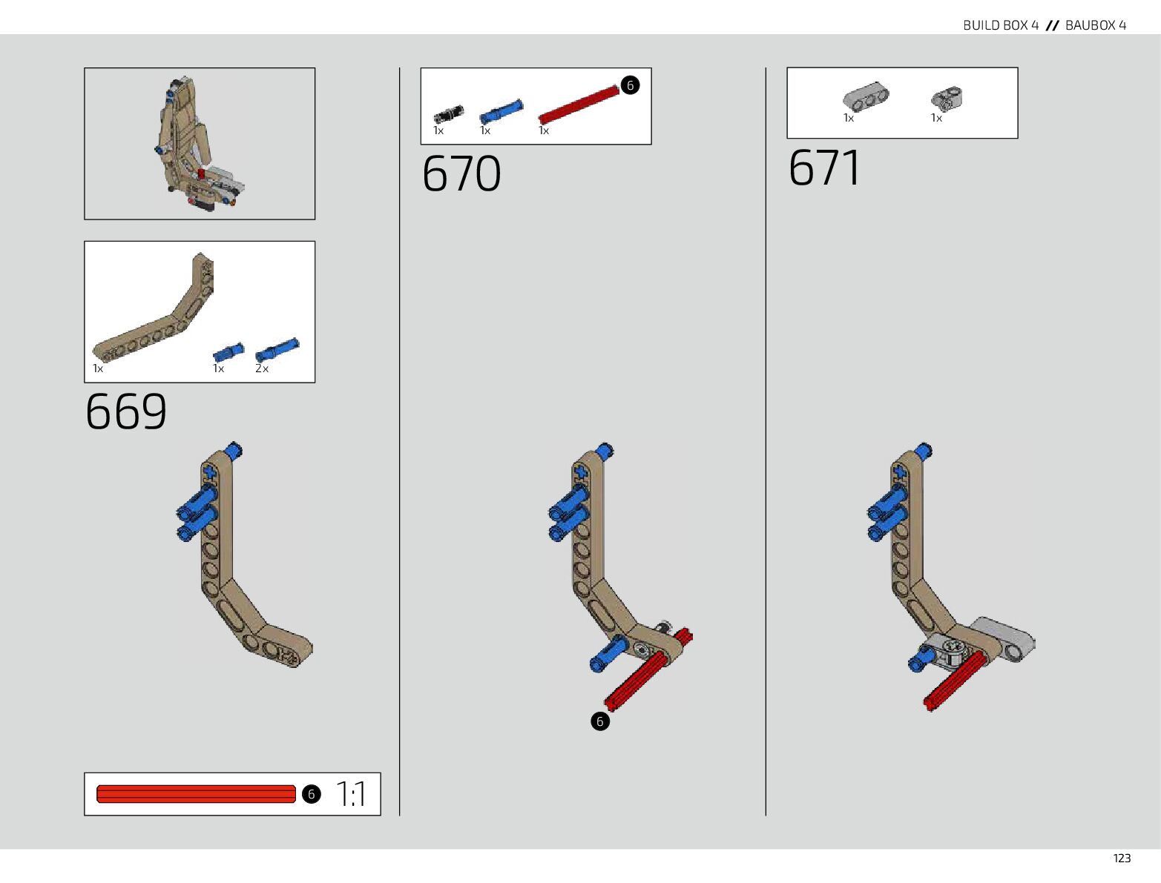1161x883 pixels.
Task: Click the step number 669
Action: point(126,411)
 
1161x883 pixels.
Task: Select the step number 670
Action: point(461,174)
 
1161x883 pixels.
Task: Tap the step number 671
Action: point(824,168)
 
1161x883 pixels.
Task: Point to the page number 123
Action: point(1122,859)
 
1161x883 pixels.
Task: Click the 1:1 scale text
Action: point(351,794)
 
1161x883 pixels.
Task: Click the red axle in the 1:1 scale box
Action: point(196,794)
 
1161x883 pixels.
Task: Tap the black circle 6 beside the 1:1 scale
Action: point(311,794)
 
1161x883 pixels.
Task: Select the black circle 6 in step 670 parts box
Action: point(630,85)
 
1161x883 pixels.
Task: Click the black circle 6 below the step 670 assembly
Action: point(600,721)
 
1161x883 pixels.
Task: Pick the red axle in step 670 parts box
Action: point(579,105)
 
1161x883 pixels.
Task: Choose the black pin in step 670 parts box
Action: point(448,114)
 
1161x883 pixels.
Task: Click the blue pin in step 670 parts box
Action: point(501,111)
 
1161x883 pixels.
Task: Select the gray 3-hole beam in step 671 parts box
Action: point(866,96)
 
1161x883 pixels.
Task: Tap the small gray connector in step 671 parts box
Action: point(947,98)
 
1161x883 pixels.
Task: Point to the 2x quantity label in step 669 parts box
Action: point(262,368)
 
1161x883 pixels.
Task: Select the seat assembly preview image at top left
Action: point(199,144)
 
